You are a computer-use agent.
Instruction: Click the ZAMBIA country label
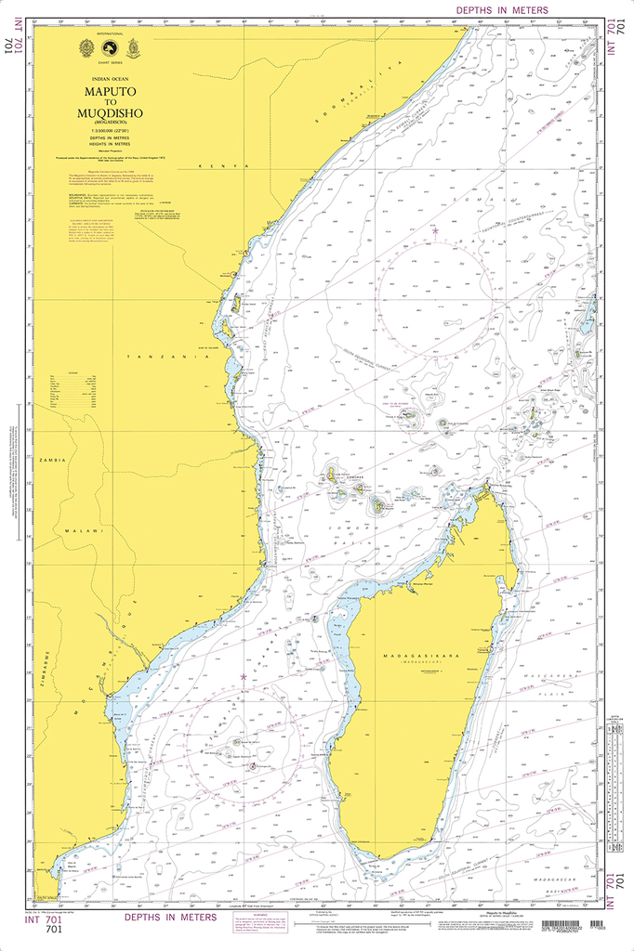coord(51,460)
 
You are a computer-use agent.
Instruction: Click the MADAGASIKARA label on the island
coord(416,657)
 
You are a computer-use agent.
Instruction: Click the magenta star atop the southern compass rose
coord(244,675)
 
